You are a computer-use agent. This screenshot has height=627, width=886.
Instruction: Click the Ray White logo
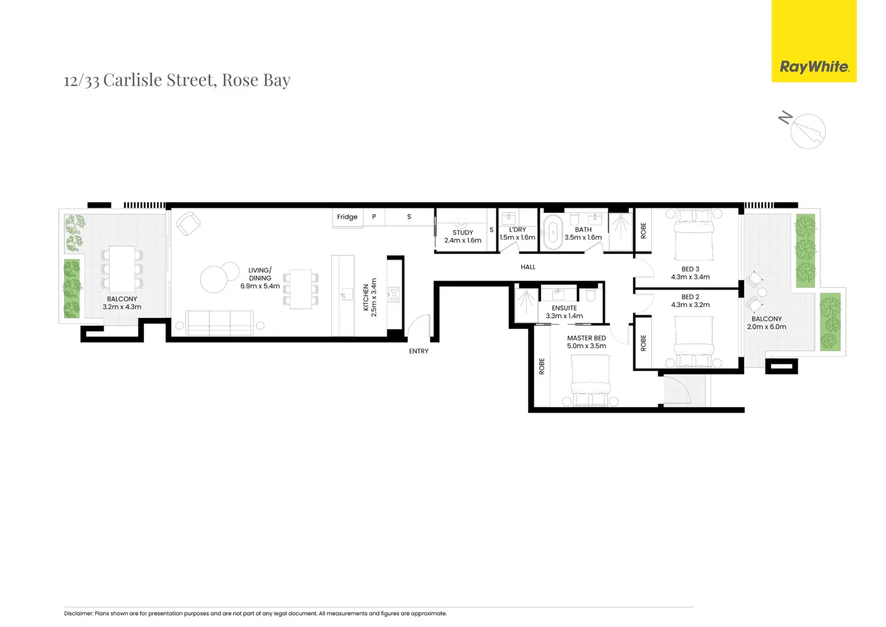(814, 66)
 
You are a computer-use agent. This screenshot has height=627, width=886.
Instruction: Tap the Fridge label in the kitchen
(347, 217)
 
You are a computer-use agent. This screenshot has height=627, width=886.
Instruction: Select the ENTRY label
(418, 351)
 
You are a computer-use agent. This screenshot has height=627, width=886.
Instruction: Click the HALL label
(528, 267)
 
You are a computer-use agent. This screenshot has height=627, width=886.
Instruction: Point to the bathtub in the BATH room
(553, 232)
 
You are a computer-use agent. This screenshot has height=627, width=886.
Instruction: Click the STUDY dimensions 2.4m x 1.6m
(463, 240)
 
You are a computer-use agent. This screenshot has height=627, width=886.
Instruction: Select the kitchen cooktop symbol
(394, 294)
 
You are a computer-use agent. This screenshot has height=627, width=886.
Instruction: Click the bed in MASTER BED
(590, 380)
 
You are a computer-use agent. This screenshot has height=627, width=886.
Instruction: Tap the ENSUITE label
(564, 308)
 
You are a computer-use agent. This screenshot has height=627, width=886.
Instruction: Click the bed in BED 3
(694, 235)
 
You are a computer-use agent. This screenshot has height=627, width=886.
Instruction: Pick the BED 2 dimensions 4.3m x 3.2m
(690, 305)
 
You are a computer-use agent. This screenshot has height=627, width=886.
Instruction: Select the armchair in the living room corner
(188, 224)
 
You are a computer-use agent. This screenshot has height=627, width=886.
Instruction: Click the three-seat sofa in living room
(219, 322)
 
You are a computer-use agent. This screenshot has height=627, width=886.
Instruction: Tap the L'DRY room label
(517, 230)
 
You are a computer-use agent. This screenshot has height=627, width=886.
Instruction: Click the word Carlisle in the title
(132, 80)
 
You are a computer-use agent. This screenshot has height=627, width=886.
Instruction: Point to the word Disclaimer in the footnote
(78, 613)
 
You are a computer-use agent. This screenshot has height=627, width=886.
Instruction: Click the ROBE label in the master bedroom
(542, 366)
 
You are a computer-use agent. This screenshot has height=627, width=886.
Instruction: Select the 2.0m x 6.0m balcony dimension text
(766, 327)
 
